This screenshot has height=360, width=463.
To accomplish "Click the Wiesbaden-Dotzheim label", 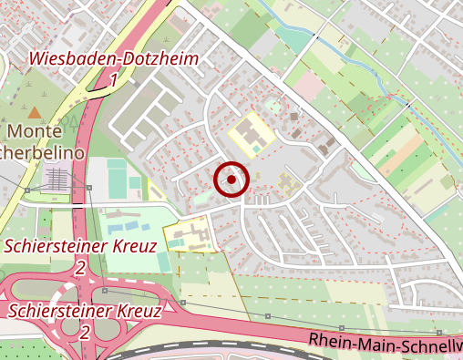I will tap(114, 58).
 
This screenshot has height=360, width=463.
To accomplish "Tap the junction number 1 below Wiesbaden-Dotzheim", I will tap(114, 81).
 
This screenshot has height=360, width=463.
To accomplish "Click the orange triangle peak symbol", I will tap(35, 112).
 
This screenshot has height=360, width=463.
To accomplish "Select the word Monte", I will tap(35, 133).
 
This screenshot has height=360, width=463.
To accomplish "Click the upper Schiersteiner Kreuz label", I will tap(81, 246).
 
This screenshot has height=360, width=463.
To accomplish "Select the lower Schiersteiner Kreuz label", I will tap(85, 311).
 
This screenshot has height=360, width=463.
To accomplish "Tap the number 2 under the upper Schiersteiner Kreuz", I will tap(81, 268).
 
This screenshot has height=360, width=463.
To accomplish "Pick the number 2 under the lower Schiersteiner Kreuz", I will tap(84, 332).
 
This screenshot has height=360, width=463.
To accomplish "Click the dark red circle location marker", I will tap(231, 180).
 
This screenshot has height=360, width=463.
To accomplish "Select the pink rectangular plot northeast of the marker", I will tap(309, 87).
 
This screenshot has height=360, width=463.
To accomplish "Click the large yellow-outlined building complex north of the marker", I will tap(251, 137).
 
